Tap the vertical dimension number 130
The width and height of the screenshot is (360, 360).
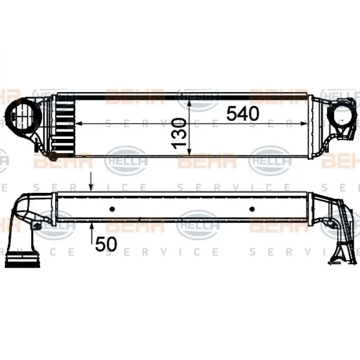(178, 132)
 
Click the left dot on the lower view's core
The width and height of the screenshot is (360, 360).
(113, 209)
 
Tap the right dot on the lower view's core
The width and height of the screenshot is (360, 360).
(252, 209)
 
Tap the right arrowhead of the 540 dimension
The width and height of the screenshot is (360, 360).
(307, 123)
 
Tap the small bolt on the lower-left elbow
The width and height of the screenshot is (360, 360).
(37, 226)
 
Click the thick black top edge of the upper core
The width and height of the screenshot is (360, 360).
(190, 96)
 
